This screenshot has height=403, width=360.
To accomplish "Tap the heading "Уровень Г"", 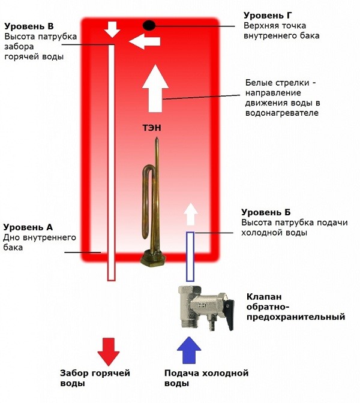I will pyautogui.click(x=266, y=14).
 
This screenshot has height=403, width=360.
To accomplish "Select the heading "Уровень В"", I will pyautogui.click(x=29, y=27).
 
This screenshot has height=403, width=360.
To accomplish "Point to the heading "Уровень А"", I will pyautogui.click(x=28, y=227).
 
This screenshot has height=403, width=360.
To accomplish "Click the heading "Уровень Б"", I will pyautogui.click(x=265, y=213).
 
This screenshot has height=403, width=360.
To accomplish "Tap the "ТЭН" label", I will pyautogui.click(x=151, y=128).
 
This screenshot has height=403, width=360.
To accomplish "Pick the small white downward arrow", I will pyautogui.click(x=112, y=28).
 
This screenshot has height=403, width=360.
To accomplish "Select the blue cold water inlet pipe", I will pyautogui.click(x=190, y=256).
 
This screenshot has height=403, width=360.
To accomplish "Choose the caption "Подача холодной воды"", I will pyautogui.click(x=206, y=378).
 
